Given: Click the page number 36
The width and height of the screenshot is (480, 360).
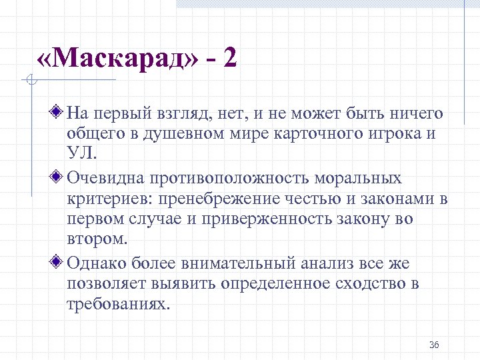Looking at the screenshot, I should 434,345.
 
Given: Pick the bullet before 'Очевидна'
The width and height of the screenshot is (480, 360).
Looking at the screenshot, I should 57,179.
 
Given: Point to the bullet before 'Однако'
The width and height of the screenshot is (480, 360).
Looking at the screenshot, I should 57,263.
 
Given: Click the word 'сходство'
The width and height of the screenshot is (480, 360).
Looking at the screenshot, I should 364,283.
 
